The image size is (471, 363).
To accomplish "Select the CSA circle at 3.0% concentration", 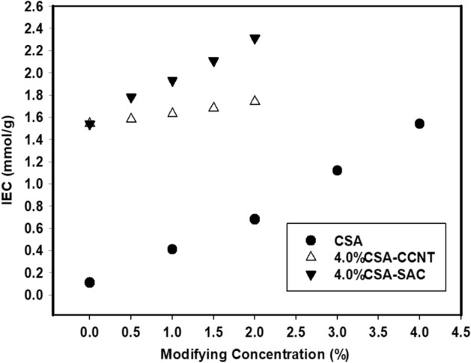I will pyautogui.click(x=337, y=171).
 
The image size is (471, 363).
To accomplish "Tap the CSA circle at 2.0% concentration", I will pyautogui.click(x=255, y=219).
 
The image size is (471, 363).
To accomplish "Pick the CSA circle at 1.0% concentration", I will pyautogui.click(x=172, y=249).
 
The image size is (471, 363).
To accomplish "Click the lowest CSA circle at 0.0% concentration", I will pyautogui.click(x=90, y=282).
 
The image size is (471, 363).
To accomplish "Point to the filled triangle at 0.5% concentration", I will pyautogui.click(x=131, y=98).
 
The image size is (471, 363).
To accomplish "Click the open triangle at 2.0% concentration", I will pyautogui.click(x=255, y=100).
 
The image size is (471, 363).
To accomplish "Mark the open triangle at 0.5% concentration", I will pyautogui.click(x=131, y=118).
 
